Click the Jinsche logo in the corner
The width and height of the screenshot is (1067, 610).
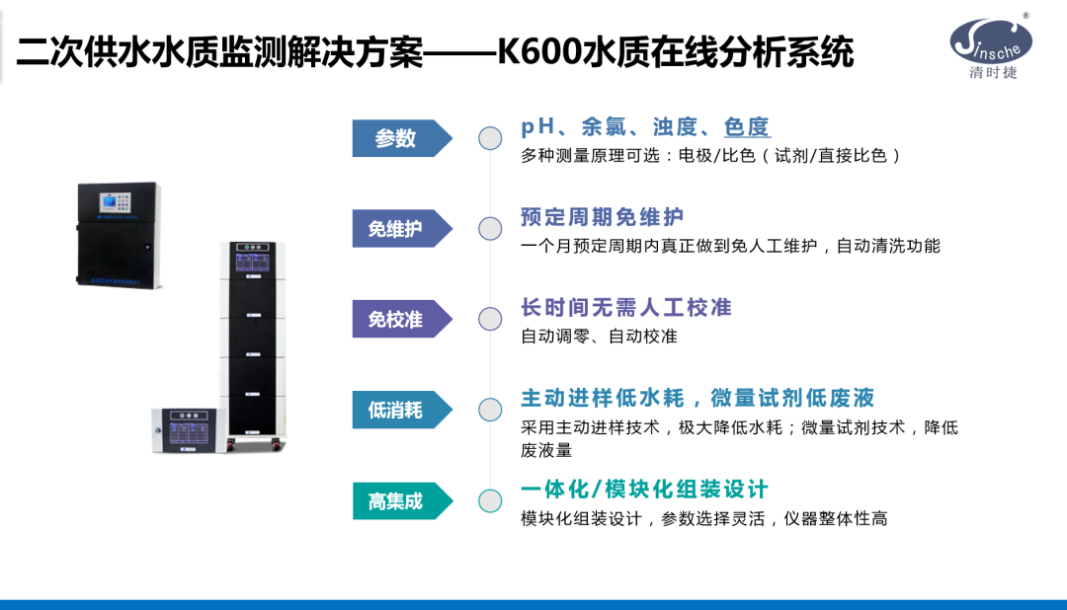coord(991,40)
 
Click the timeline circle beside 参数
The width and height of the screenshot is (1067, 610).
coord(490,138)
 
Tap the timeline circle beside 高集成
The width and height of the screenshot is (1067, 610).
coord(490,500)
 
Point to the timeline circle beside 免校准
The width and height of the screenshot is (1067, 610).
coord(490,319)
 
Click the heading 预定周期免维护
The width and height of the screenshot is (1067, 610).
coord(602,217)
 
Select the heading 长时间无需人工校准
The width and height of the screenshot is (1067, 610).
coord(625,307)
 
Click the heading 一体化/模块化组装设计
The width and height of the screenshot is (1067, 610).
coord(644,490)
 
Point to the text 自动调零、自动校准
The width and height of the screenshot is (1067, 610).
coord(599,337)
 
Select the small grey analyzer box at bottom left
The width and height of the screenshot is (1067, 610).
coord(187,429)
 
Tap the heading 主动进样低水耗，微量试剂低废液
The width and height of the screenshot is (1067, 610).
coord(698,398)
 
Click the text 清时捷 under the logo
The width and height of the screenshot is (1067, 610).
coord(993,73)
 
